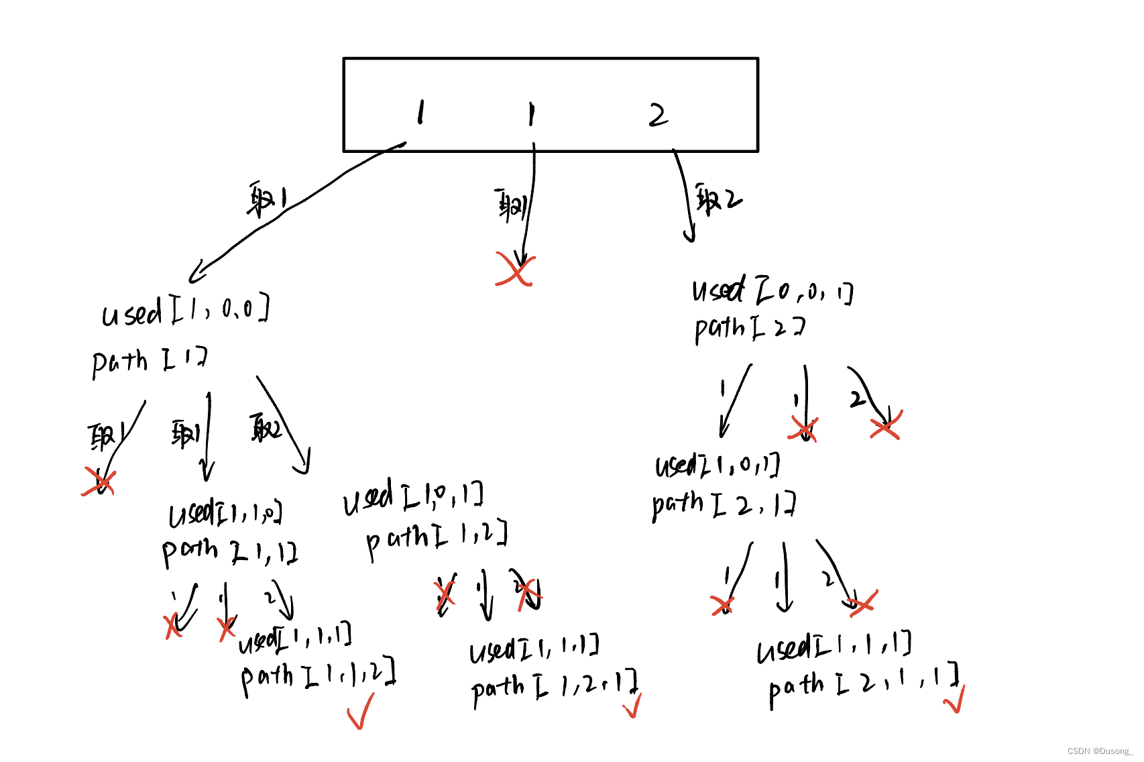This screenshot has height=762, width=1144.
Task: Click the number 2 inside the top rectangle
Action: point(658,115)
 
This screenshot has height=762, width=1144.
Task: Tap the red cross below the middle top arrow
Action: point(514,270)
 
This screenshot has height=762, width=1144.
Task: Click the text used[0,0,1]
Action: point(772,291)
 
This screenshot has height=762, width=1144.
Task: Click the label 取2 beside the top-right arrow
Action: point(718,199)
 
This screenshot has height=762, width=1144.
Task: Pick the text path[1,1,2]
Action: point(318,676)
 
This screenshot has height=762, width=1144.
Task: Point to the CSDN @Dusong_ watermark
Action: point(1100,751)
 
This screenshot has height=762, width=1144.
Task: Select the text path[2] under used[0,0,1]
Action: point(749,328)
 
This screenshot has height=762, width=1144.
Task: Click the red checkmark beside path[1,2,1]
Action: point(632,706)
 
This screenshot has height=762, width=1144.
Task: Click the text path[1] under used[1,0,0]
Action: point(150,362)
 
